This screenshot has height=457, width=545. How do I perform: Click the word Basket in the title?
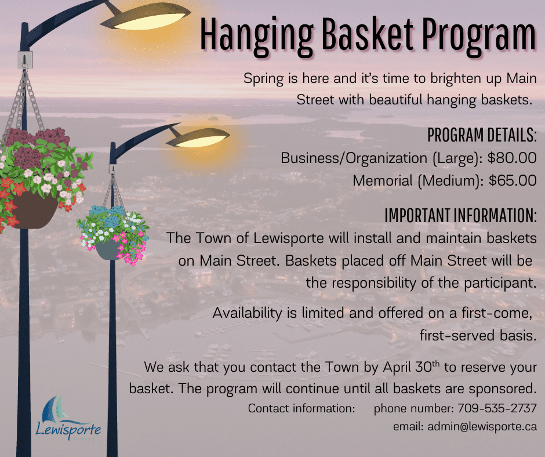[368, 34]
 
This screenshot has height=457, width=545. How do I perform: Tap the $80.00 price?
[512, 158]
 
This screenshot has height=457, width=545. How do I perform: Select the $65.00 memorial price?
[513, 180]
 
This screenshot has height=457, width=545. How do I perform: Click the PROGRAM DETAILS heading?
[482, 135]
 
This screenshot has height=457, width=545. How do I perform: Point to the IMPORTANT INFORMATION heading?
[461, 215]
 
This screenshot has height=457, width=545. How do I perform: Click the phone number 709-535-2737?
[497, 408]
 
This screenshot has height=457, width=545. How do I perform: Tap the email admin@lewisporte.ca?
[482, 426]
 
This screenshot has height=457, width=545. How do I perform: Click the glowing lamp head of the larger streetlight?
[146, 20]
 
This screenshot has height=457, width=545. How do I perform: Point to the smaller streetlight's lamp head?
[198, 137]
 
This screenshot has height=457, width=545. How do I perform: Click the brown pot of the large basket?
[35, 211]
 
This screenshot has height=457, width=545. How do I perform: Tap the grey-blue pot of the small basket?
[108, 249]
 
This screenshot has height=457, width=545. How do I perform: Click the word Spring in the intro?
[263, 79]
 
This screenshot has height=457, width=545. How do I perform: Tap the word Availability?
[248, 313]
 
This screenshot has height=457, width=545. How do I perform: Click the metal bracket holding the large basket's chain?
[25, 60]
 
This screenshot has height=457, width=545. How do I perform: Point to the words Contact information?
[301, 408]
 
